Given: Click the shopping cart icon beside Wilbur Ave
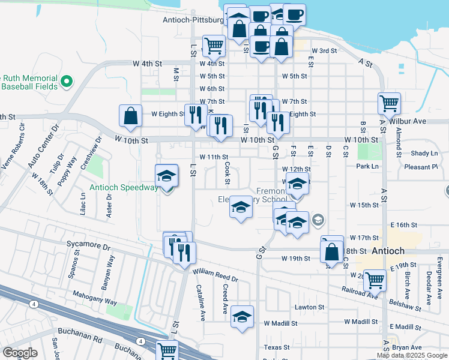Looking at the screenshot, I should coord(389,103).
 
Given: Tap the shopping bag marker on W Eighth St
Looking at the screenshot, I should coord(130,116).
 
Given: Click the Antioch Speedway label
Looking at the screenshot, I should coord(124,187).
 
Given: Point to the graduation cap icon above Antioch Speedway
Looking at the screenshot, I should coord(167,175).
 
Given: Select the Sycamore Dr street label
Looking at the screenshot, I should coord(89,247).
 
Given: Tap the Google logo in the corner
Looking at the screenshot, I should coord(20,352).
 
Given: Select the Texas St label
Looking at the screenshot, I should coord(277,347).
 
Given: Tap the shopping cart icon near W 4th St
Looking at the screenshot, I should coord(213,45).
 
